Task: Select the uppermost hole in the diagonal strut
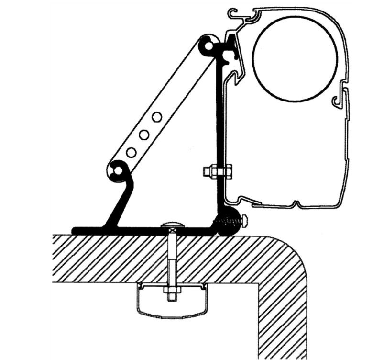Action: pyautogui.click(x=156, y=116)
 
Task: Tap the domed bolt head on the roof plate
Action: pyautogui.click(x=172, y=225)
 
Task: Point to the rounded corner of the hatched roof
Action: pyautogui.click(x=292, y=254)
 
